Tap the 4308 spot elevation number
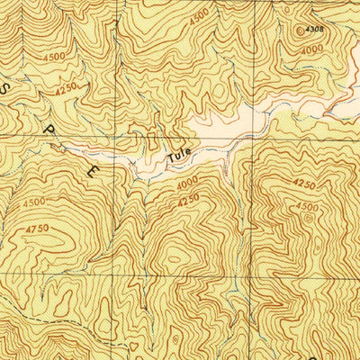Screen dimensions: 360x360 (x=314, y=29)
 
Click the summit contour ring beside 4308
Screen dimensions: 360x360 (x=300, y=31)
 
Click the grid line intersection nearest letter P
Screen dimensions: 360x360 (x=125, y=136)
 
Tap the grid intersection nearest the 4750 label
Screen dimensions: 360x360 (x=125, y=270)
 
